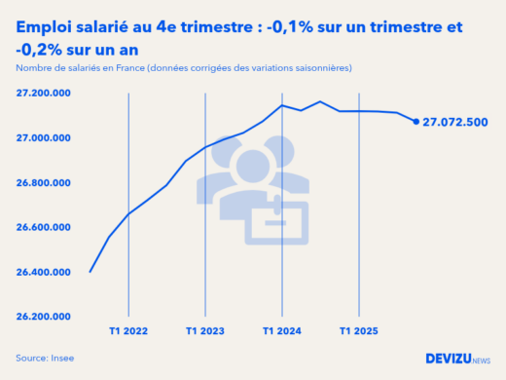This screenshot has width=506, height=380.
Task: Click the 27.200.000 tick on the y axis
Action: pos(43,94)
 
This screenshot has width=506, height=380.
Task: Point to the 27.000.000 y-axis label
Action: pos(43,138)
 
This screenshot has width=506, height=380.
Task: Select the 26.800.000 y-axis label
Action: pos(43,183)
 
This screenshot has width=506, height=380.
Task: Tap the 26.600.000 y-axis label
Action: pos(43,227)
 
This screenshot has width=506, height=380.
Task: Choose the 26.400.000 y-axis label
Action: pos(43,272)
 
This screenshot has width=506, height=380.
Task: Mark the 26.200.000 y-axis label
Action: pos(43,317)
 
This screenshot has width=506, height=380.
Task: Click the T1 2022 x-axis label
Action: pos(128,331)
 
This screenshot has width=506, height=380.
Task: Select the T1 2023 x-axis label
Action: pos(205,331)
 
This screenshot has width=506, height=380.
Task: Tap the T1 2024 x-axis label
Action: pos(282,331)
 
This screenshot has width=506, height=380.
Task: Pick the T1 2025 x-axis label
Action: pos(359,331)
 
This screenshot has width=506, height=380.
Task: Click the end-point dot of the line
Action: pos(416,122)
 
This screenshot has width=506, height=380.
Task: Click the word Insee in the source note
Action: pos(62,359)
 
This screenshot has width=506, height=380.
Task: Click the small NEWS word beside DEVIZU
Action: pos(481,361)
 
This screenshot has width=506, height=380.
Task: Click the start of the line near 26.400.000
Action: pos(90,272)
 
